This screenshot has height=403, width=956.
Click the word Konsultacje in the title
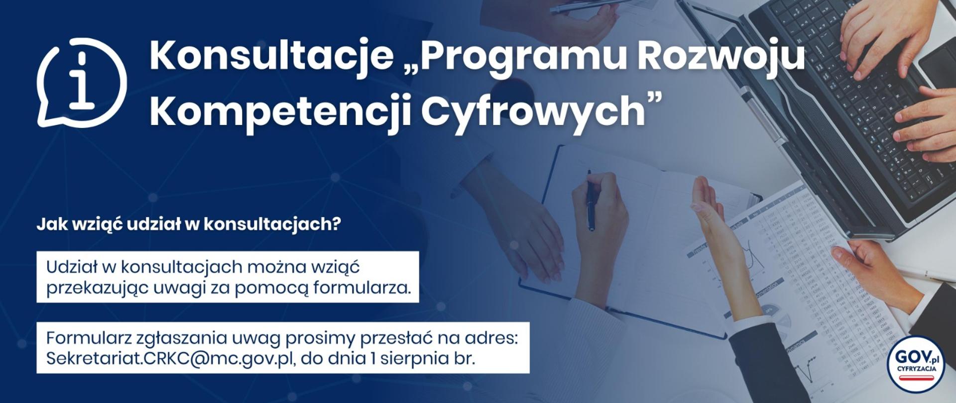tap(271, 56)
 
